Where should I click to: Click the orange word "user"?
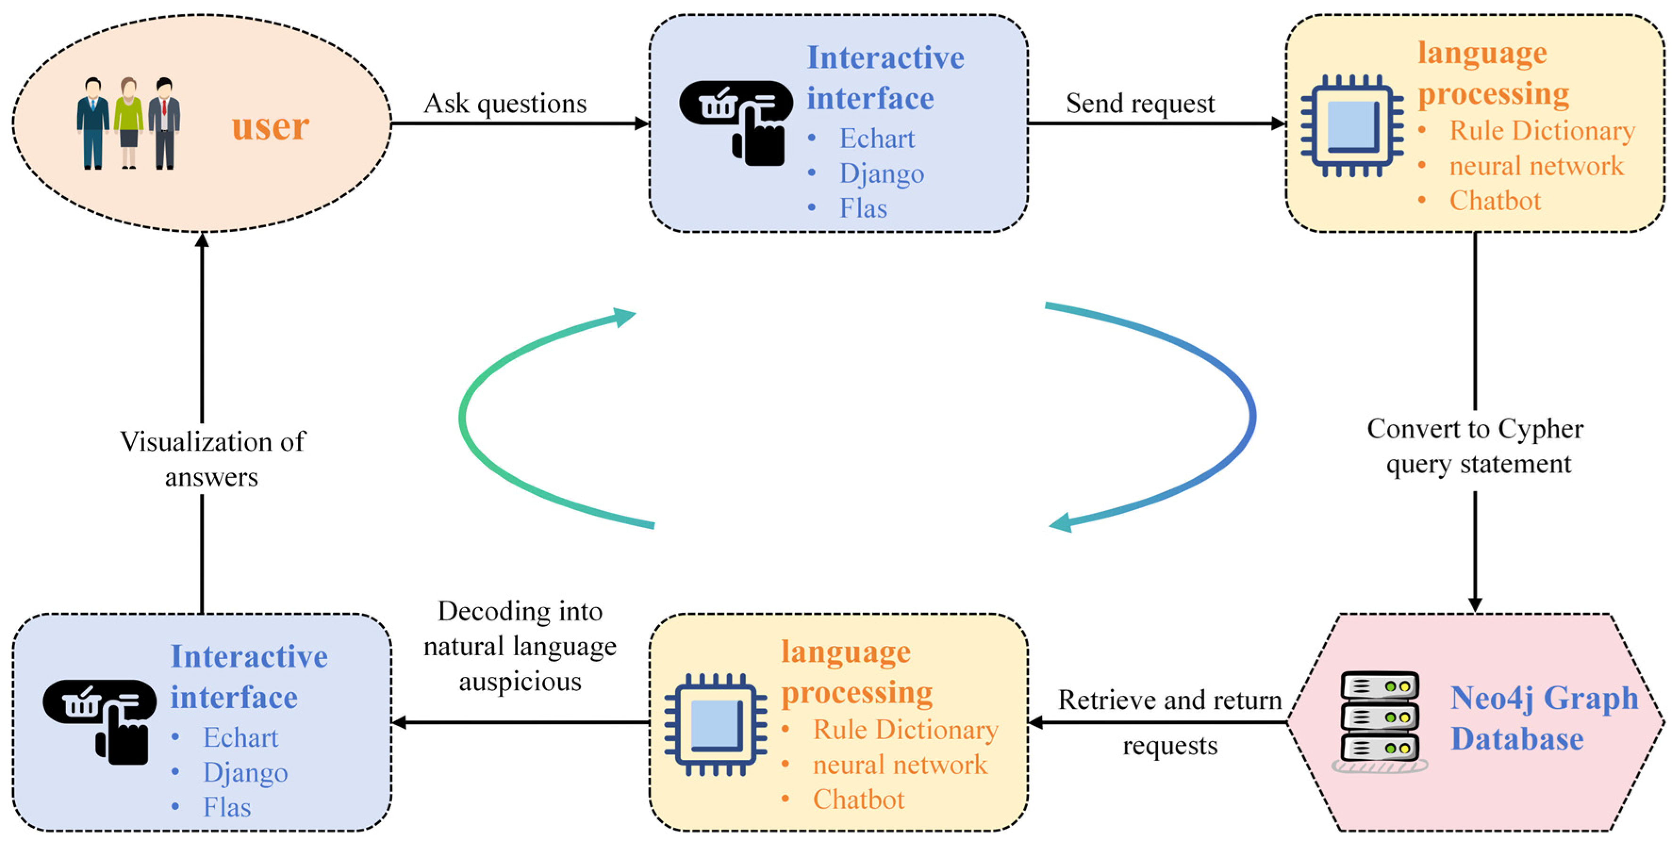click(x=270, y=126)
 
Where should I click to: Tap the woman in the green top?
click(x=128, y=124)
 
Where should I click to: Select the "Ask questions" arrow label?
click(x=505, y=103)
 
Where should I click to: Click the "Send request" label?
click(x=1140, y=103)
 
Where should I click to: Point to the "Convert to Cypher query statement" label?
click(x=1475, y=446)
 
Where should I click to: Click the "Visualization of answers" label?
click(x=212, y=459)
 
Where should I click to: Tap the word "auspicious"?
click(x=520, y=682)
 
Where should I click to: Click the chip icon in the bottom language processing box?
click(x=715, y=725)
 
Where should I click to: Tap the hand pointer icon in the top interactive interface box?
click(x=736, y=123)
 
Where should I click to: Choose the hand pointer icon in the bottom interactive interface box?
click(x=99, y=722)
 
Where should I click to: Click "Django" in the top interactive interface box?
click(x=882, y=173)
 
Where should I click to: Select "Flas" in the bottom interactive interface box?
click(x=226, y=808)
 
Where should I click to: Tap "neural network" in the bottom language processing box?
click(x=900, y=765)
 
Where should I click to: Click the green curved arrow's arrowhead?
click(x=623, y=317)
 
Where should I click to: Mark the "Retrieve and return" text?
click(x=1170, y=700)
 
